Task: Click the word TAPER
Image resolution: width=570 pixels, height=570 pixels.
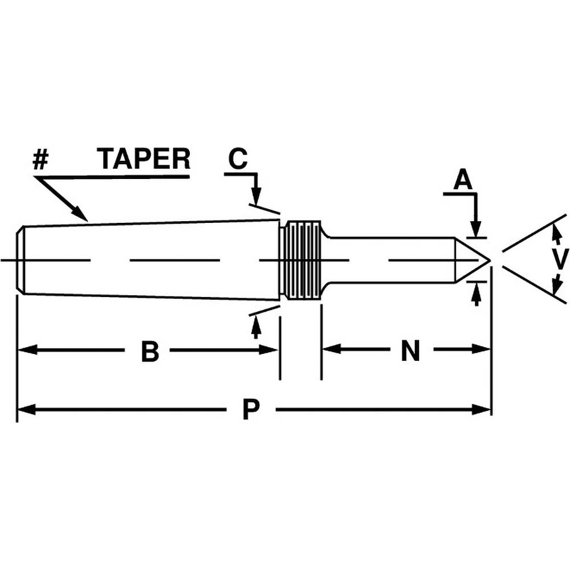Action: point(144,158)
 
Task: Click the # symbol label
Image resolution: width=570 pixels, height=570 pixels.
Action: point(40,160)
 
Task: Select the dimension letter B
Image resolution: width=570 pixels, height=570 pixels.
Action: point(149,352)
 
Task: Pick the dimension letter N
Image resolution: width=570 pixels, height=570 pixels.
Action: point(410,352)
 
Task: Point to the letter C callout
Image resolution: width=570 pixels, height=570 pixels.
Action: point(238,159)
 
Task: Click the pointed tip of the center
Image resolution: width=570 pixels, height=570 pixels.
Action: point(488,260)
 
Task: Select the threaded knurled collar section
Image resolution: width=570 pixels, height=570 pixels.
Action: point(302,260)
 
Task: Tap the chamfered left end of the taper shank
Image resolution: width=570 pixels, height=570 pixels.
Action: point(21,260)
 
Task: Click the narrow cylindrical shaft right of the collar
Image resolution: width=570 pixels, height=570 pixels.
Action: point(388,260)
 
